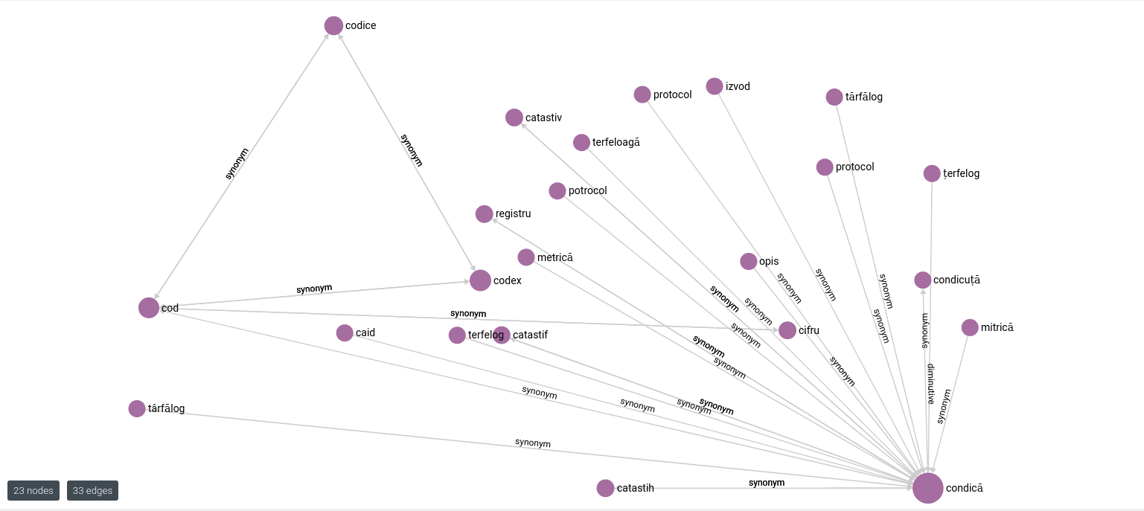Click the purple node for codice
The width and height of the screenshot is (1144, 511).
pyautogui.click(x=333, y=26)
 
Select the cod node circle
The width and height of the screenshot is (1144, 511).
pyautogui.click(x=149, y=308)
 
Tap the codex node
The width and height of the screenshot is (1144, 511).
pyautogui.click(x=480, y=280)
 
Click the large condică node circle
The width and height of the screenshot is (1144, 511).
pyautogui.click(x=927, y=488)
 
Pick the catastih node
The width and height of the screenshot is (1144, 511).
pyautogui.click(x=605, y=488)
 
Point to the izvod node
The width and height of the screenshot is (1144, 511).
pyautogui.click(x=715, y=86)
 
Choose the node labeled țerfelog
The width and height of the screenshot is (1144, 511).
pyautogui.click(x=932, y=173)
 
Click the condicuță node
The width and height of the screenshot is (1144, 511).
pyautogui.click(x=922, y=280)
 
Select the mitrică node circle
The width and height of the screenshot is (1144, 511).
pyautogui.click(x=969, y=327)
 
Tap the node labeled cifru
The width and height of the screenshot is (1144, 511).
pyautogui.click(x=787, y=330)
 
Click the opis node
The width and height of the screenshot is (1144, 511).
pyautogui.click(x=749, y=261)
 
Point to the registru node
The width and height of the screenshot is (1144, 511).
pyautogui.click(x=484, y=214)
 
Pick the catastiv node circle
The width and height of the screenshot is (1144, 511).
pyautogui.click(x=514, y=118)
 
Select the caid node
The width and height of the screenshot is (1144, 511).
pyautogui.click(x=345, y=333)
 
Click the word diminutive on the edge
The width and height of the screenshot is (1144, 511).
pyautogui.click(x=930, y=384)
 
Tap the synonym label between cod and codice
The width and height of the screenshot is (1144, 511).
pyautogui.click(x=237, y=164)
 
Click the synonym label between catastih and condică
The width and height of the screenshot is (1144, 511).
pyautogui.click(x=767, y=483)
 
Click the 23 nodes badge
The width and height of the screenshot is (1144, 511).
pyautogui.click(x=33, y=490)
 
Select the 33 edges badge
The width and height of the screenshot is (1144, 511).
pyautogui.click(x=92, y=490)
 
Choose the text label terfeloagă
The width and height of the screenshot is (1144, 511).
pyautogui.click(x=616, y=142)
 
